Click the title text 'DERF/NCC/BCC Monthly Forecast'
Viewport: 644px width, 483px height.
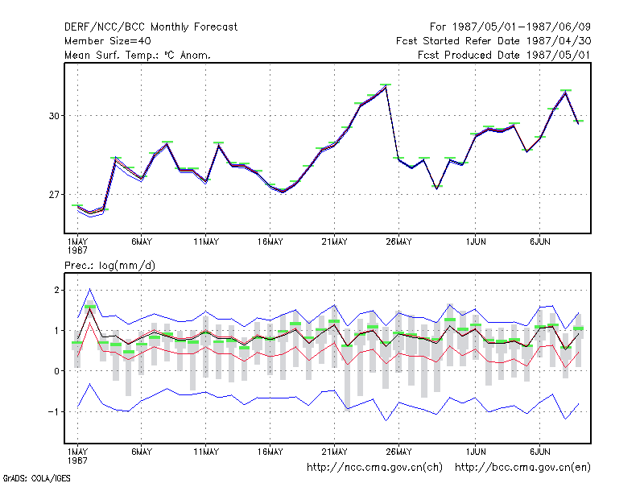coord(151,27)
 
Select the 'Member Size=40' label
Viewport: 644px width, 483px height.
coord(108,41)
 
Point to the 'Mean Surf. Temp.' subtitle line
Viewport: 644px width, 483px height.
coord(138,55)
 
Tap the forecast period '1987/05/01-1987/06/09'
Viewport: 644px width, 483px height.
coord(521,27)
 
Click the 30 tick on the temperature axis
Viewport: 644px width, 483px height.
coord(54,116)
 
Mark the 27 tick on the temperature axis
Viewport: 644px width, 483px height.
coord(54,194)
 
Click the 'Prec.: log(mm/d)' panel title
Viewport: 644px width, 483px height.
coord(109,266)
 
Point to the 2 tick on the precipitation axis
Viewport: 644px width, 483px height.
coord(56,291)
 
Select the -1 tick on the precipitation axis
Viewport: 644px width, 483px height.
coord(54,411)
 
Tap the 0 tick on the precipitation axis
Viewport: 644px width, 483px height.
coord(56,371)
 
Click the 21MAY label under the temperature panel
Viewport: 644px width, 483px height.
coord(334,242)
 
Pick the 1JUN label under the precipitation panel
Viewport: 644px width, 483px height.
coord(476,452)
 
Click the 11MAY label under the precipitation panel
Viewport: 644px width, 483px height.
coord(206,452)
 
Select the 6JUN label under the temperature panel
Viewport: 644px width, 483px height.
coord(539,242)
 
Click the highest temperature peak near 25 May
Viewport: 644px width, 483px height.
coord(386,86)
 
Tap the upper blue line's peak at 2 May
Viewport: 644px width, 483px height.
coord(90,289)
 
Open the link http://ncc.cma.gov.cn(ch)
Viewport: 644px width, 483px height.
coord(374,468)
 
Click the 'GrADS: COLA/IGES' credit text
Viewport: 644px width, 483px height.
coord(36,478)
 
